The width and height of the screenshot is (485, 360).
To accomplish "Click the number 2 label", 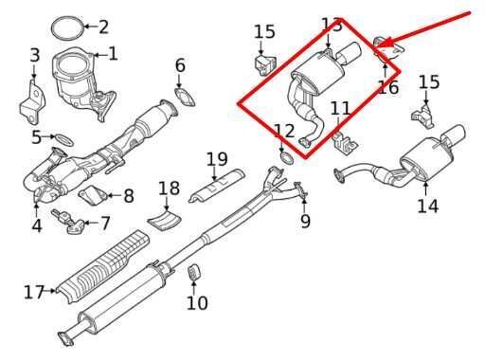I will (103, 27).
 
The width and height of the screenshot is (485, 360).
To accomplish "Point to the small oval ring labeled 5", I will (63, 140).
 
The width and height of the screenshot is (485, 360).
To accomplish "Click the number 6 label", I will (180, 65).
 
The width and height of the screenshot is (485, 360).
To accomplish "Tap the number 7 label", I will (105, 225).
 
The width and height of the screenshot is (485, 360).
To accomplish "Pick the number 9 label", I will (305, 222).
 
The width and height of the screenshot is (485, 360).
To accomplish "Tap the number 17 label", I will (33, 293).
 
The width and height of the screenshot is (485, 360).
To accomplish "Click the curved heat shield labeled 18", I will (166, 220).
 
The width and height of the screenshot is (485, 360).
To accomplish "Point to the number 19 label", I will (217, 158).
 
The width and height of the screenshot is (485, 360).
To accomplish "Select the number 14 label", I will (427, 205).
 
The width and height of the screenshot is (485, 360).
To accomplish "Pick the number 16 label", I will (387, 88).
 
